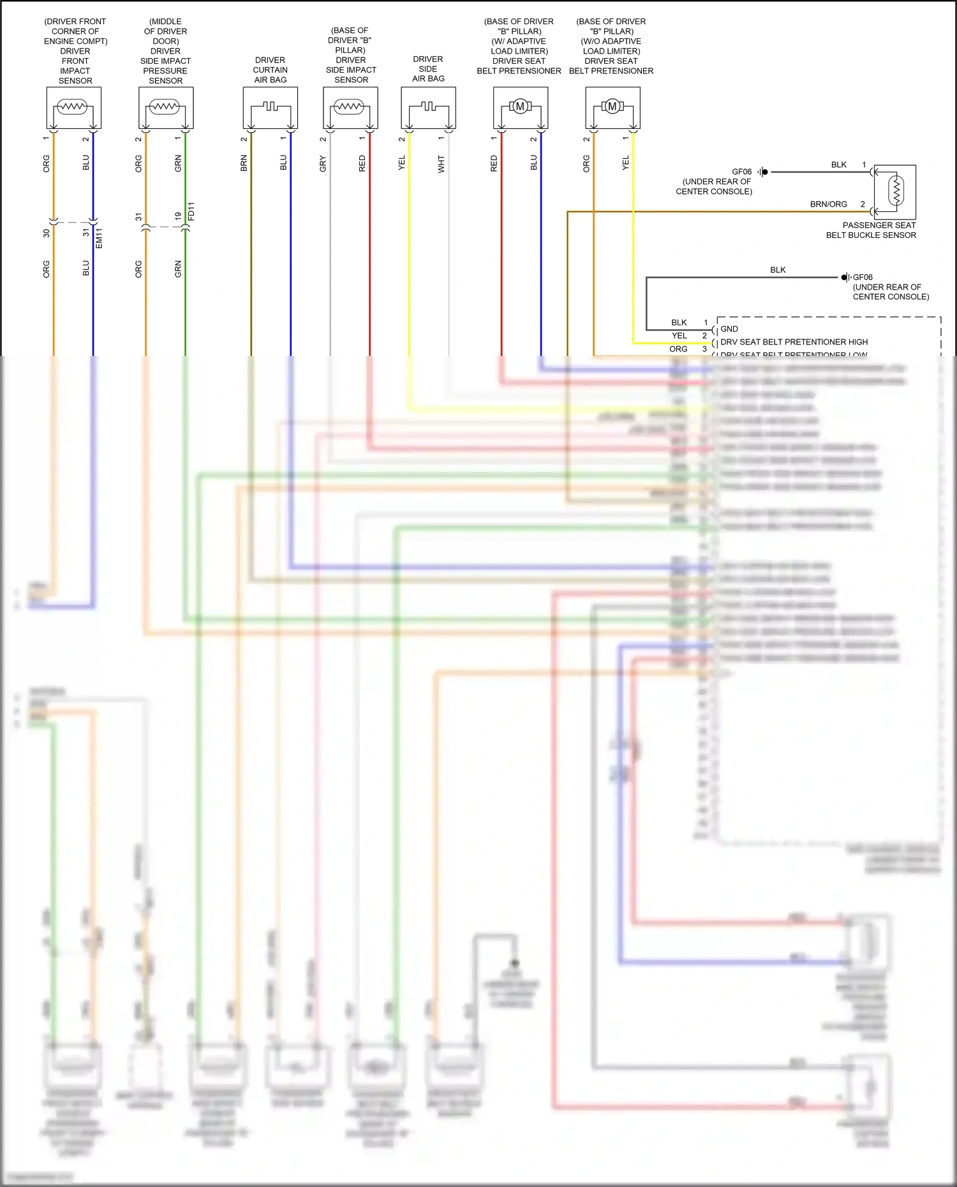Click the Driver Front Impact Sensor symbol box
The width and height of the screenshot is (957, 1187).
74,108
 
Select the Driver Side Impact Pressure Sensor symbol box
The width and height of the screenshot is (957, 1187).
166,108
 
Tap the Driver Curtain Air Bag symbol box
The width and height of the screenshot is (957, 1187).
271,108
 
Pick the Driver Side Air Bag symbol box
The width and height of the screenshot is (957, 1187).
428,108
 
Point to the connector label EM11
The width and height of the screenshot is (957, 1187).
99,238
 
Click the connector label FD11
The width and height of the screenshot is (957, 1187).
191,212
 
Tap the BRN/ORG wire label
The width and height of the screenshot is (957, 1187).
828,205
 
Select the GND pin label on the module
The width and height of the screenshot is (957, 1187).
729,329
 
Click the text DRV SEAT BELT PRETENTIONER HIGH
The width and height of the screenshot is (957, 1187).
794,342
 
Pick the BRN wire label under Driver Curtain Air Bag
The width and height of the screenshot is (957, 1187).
244,163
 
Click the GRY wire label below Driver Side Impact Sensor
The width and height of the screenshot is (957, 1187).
323,163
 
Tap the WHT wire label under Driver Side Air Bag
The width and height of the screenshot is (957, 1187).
441,164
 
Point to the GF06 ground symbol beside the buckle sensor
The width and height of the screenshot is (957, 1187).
763,172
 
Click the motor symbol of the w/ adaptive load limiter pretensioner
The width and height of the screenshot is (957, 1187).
520,107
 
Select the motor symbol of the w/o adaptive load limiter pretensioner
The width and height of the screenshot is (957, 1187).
612,107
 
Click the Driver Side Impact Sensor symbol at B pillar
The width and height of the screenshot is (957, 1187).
350,108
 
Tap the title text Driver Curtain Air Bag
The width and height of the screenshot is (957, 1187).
271,70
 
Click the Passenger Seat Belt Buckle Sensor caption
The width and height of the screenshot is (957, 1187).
871,230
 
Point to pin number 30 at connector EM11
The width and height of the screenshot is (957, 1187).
47,233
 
